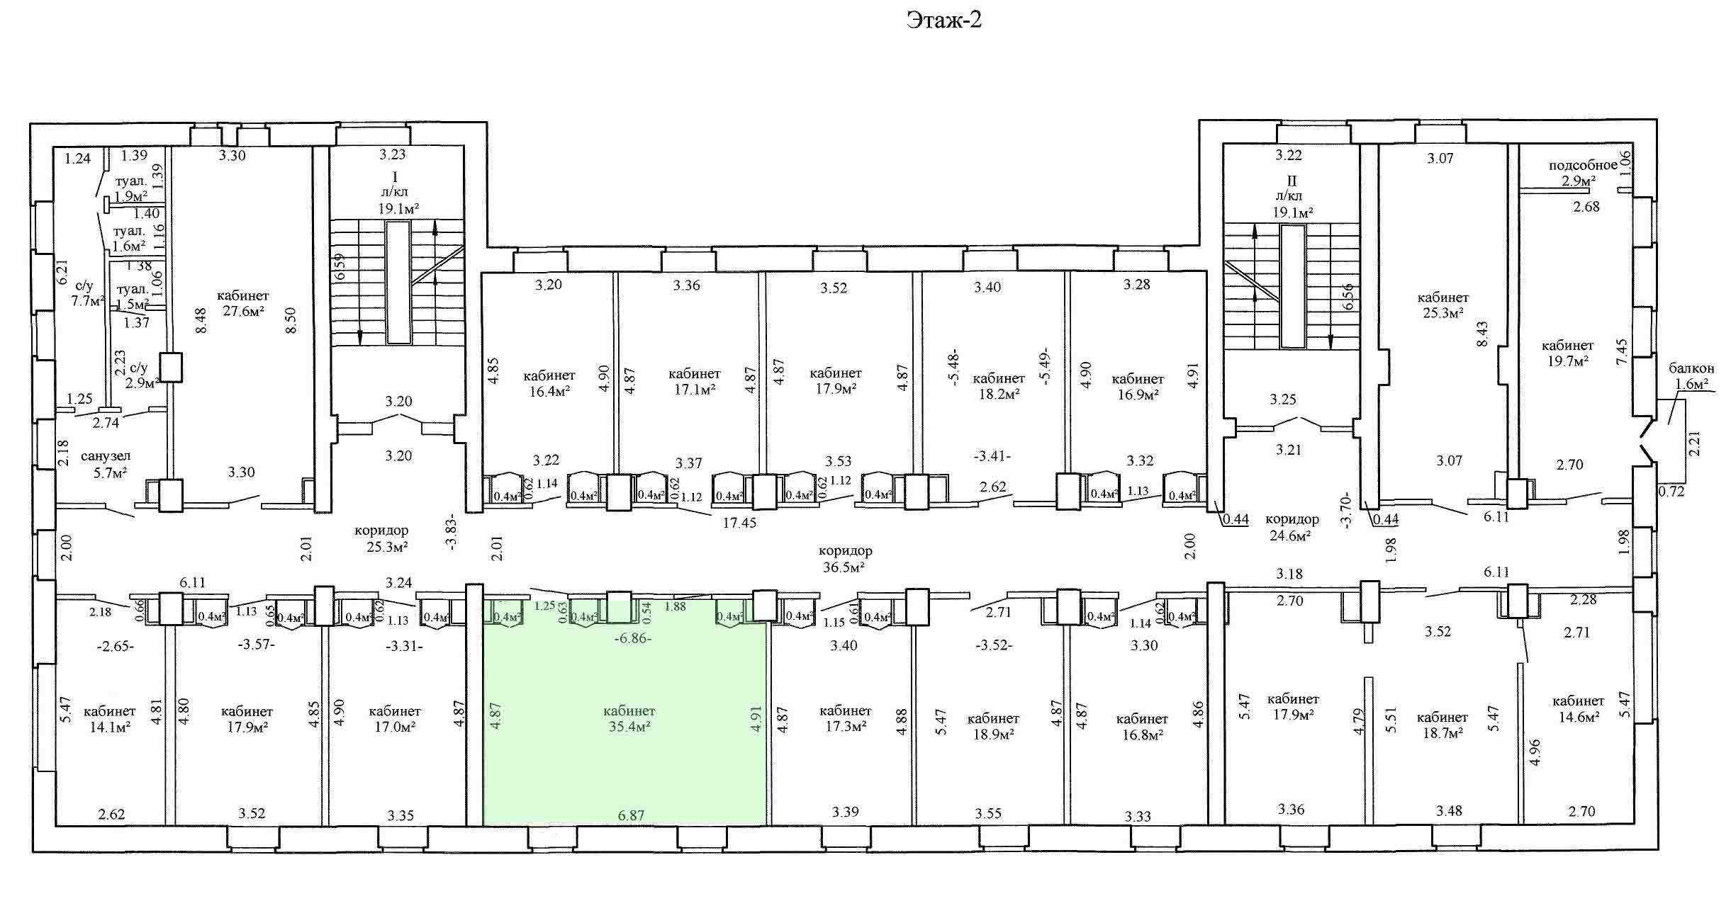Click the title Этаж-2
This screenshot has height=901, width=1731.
click(x=944, y=21)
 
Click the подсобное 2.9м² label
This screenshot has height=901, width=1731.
click(x=1583, y=172)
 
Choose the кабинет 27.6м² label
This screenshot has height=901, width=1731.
click(x=243, y=303)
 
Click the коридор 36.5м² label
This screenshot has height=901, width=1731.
click(x=845, y=558)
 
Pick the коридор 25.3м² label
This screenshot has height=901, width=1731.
click(x=381, y=538)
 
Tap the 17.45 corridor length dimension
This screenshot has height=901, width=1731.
click(x=739, y=523)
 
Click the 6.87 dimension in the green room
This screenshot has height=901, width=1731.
click(x=631, y=815)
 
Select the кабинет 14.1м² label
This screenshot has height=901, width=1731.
click(x=109, y=718)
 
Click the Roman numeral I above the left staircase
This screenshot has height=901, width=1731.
click(x=395, y=176)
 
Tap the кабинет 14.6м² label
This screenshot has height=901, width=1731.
click(x=1578, y=708)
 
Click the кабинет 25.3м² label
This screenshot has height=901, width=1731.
click(x=1442, y=305)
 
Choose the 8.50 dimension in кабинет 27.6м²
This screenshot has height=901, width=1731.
click(x=289, y=320)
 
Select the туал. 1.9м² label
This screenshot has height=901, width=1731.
click(x=130, y=188)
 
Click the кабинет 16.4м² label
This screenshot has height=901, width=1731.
click(x=549, y=382)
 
